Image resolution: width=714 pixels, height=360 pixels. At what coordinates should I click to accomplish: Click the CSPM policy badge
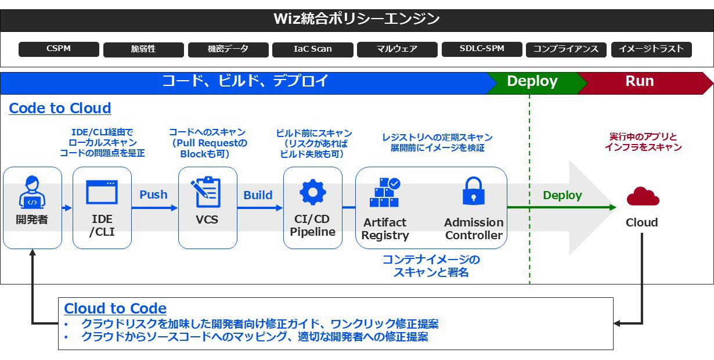(59, 49)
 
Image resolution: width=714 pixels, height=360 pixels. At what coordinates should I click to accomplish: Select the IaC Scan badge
(313, 49)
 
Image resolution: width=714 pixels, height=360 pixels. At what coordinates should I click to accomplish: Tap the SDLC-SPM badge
(482, 49)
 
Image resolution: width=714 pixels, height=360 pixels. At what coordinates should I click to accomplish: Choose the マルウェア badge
(397, 49)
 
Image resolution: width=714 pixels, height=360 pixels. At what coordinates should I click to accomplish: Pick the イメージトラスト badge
(651, 49)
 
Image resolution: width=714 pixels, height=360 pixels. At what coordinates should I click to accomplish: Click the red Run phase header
(640, 82)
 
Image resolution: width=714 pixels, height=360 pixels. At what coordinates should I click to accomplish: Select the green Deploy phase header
(532, 82)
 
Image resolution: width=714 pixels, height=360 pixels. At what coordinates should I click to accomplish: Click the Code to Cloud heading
(60, 109)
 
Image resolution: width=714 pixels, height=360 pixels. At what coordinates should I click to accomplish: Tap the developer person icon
(32, 192)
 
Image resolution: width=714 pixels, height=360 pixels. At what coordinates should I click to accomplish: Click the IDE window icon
(102, 192)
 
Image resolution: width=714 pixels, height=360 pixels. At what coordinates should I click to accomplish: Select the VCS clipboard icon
(207, 192)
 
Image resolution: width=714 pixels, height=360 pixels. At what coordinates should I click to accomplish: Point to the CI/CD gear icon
(313, 192)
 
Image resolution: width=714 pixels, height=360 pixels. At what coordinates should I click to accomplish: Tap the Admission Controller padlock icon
(474, 191)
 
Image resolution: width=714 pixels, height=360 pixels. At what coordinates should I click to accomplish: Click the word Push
(153, 195)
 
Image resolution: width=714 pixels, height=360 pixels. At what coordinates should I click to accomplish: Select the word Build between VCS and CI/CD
(258, 195)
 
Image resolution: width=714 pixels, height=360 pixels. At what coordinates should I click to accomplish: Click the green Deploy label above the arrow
(562, 196)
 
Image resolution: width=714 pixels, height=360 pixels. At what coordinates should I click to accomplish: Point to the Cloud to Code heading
(115, 308)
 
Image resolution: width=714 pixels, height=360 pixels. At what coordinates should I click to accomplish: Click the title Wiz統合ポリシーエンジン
(356, 19)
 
